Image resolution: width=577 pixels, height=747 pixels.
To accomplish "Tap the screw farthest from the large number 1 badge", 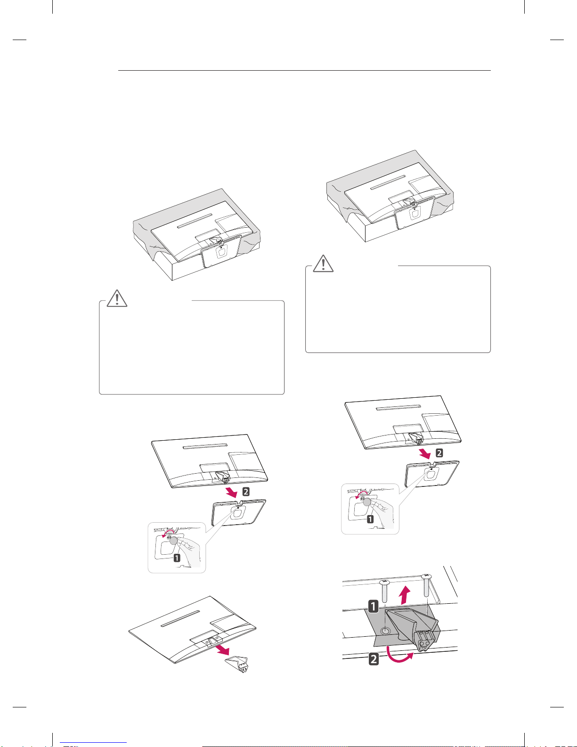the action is pos(426,585).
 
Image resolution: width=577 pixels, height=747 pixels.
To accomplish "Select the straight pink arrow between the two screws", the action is pos(406,595).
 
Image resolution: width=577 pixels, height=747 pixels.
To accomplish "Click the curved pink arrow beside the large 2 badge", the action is pos(399,654).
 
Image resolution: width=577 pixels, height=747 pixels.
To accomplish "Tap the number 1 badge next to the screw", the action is pos(374,606).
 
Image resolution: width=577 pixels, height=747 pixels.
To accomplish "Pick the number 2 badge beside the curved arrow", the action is pos(374,659).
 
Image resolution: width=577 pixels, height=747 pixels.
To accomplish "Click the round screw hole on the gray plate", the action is pos(386,631).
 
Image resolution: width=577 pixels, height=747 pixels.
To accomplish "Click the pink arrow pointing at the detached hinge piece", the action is pos(222,650).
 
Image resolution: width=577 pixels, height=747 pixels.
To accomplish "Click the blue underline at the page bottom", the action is pos(93,742).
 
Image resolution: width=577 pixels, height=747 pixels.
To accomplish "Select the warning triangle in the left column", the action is pos(117,298).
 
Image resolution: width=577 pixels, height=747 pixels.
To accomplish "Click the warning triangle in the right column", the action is pos(323,263).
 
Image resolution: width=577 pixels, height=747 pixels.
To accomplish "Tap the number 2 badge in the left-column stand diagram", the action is pos(246,492).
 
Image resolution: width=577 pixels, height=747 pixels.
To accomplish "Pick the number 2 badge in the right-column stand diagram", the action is pos(439,453).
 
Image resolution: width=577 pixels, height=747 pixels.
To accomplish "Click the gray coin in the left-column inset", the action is pos(174,541).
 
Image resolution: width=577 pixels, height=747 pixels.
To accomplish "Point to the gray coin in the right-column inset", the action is pos(367,501).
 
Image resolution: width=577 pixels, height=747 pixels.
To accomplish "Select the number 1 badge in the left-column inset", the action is pos(177,558).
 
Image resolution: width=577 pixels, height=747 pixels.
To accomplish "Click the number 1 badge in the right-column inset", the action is pos(370,519).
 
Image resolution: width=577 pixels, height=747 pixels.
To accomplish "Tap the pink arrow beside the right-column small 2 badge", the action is pos(425,454).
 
